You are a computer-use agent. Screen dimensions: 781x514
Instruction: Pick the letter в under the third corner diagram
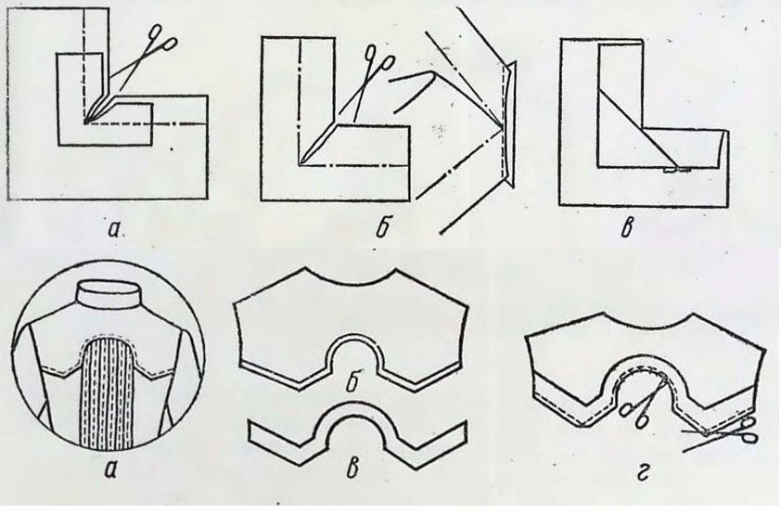pos(628,228)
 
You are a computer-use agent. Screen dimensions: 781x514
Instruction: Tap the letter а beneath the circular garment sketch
pos(110,469)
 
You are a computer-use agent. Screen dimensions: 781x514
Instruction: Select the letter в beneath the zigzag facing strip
pos(352,469)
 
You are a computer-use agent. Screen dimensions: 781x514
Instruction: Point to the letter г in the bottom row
pos(644,473)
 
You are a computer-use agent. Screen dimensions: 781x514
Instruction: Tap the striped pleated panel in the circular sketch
pos(107,393)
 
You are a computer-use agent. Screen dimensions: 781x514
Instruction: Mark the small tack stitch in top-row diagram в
pos(677,171)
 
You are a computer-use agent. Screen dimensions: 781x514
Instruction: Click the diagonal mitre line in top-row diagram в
pos(638,128)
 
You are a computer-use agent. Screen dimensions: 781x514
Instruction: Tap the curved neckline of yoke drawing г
pos(647,328)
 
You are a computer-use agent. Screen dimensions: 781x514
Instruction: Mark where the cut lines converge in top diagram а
pos(86,122)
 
